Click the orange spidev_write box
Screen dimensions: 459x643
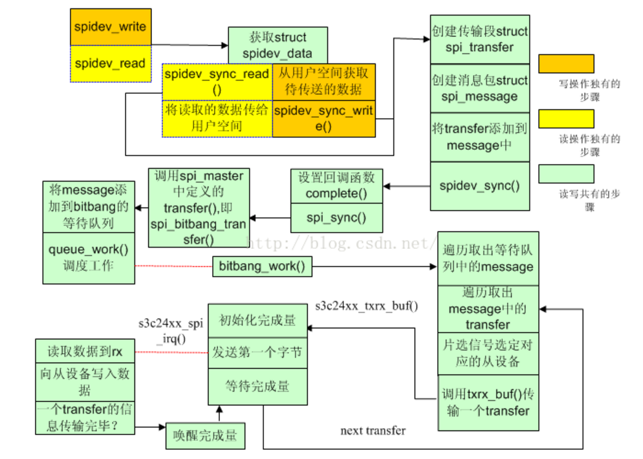tap(110, 27)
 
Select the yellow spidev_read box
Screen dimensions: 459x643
tap(110, 63)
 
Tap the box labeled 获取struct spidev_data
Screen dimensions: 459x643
tap(278, 45)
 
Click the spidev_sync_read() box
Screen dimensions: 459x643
tap(216, 81)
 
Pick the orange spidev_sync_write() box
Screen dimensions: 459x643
tap(323, 118)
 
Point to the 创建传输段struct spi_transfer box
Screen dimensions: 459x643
tap(480, 39)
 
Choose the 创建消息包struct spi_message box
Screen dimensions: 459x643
tap(480, 89)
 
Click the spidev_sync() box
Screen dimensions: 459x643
tap(480, 186)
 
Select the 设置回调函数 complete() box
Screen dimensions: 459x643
tap(336, 186)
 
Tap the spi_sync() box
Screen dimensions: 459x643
tap(336, 218)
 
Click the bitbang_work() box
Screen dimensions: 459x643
tap(261, 266)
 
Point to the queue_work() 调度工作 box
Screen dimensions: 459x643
tap(89, 257)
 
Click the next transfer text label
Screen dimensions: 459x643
tap(373, 431)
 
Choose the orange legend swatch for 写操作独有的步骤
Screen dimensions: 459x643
tap(565, 63)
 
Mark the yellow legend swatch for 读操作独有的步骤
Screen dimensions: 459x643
tap(565, 118)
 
